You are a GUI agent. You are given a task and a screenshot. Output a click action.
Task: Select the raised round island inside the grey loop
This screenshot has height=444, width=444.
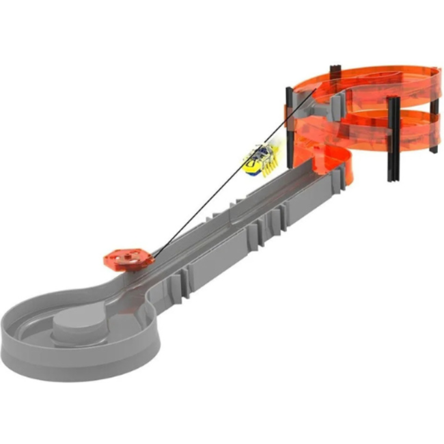(81, 322)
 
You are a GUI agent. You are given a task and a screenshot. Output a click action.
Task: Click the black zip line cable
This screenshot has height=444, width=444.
(205, 205)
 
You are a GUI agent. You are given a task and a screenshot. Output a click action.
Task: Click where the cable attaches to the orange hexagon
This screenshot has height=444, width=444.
(152, 257)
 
